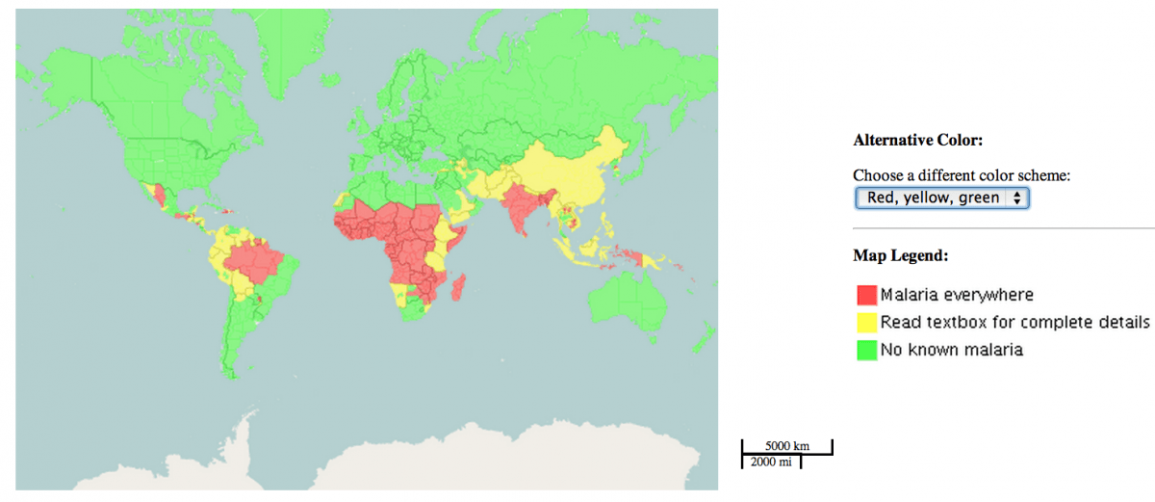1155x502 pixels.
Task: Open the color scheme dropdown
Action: coord(942,198)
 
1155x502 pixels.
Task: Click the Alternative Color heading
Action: coord(917,141)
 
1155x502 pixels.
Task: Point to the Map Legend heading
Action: coord(900,256)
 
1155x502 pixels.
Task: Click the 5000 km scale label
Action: coord(786,446)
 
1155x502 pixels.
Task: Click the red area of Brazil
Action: coord(256,263)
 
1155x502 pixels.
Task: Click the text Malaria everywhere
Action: coord(957,294)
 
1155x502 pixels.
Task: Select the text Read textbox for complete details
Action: coord(1015,322)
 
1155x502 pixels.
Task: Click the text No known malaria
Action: coord(951,351)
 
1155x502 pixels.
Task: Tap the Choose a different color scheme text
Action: coord(962,176)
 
